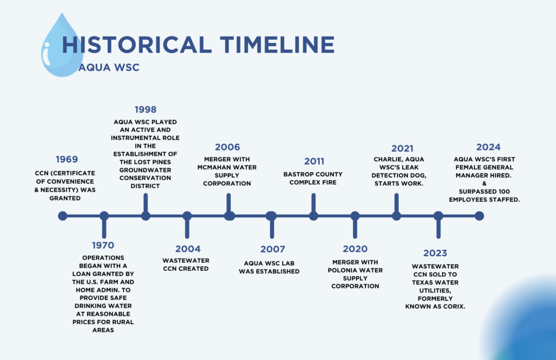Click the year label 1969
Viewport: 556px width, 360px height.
tap(67, 159)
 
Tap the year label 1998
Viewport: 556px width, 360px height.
tap(146, 110)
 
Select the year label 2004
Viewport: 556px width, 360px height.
tap(187, 249)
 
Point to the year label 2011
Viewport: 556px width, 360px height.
tap(314, 161)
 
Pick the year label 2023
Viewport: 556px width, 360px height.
tap(435, 253)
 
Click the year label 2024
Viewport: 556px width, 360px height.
tap(488, 147)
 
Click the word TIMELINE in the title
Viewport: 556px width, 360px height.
tap(277, 45)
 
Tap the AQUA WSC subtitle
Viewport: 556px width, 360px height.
tap(109, 67)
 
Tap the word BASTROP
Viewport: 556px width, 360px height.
tap(297, 174)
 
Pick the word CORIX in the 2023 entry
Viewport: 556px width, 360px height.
tap(454, 306)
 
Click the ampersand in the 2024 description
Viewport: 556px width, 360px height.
tap(484, 184)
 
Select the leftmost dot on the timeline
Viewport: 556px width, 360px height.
tap(62, 216)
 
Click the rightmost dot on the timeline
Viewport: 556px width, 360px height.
tap(479, 216)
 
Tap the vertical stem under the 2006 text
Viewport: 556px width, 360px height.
tap(229, 203)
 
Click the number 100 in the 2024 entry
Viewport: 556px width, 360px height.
tap(503, 192)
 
